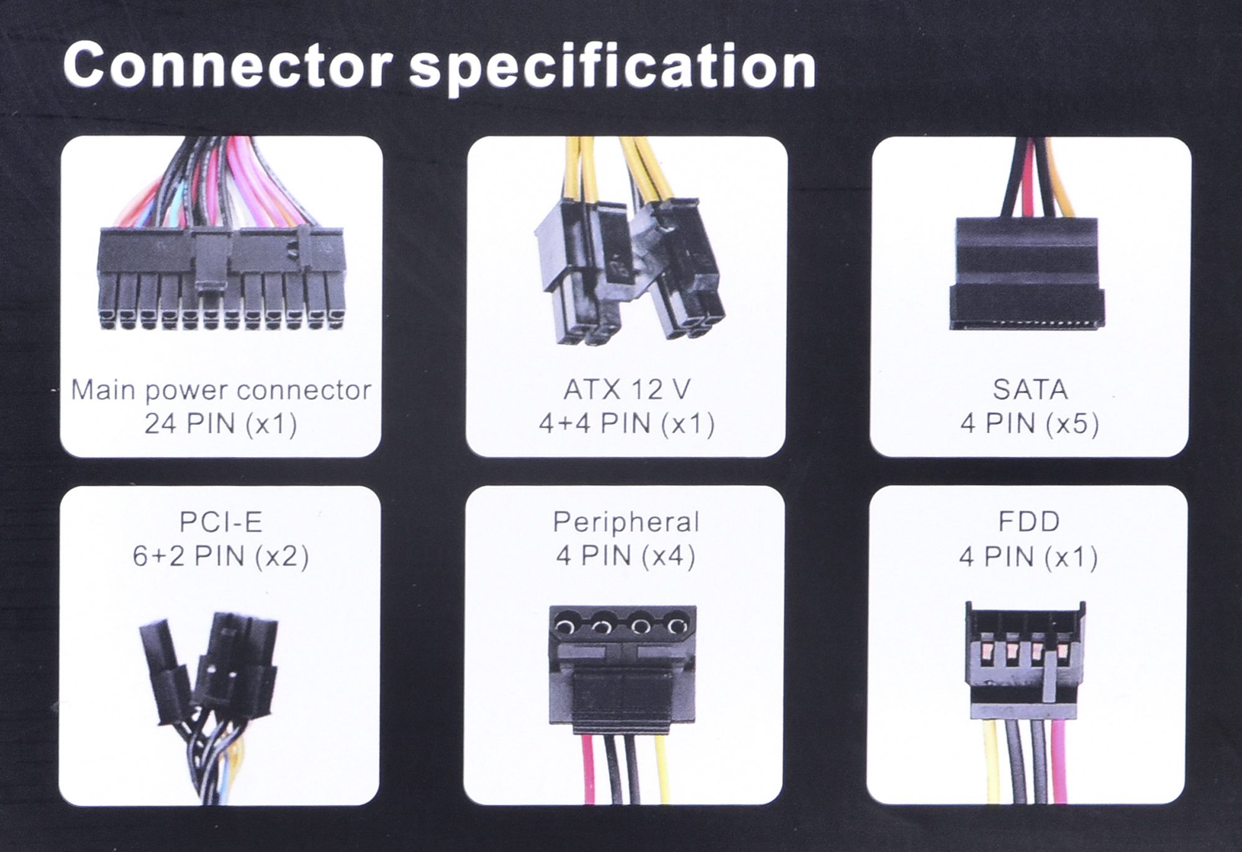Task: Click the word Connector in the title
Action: pyautogui.click(x=227, y=65)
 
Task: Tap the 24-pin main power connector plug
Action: pyautogui.click(x=221, y=278)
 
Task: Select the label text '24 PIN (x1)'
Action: pyautogui.click(x=220, y=425)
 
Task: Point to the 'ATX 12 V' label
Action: pyautogui.click(x=626, y=390)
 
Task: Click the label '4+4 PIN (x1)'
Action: pyautogui.click(x=626, y=424)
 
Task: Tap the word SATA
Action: pyautogui.click(x=1030, y=390)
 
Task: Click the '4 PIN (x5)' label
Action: pyautogui.click(x=1030, y=424)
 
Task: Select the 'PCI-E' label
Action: pyautogui.click(x=220, y=522)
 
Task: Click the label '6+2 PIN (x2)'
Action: pyautogui.click(x=220, y=556)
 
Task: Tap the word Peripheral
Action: pyautogui.click(x=626, y=522)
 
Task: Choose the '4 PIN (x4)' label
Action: pyautogui.click(x=625, y=556)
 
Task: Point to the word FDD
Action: pyautogui.click(x=1029, y=522)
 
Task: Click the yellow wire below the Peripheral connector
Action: pyautogui.click(x=662, y=770)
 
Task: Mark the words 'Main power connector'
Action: pyautogui.click(x=220, y=391)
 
